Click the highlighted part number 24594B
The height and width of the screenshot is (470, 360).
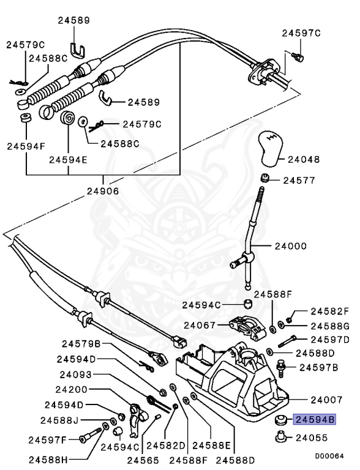click(315, 420)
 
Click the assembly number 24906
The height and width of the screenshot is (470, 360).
click(103, 190)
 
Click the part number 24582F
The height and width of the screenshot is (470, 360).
click(329, 311)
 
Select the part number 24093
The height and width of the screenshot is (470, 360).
click(77, 374)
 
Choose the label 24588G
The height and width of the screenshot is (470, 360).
click(329, 326)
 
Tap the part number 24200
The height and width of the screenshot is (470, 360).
click(77, 389)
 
